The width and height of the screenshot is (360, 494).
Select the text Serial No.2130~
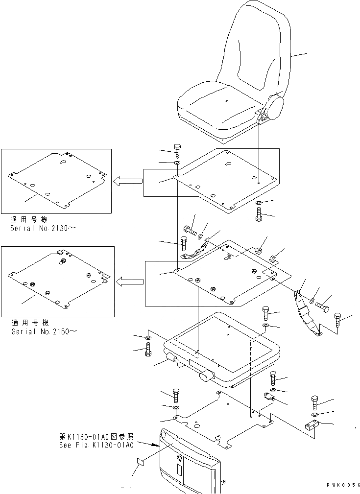(43, 228)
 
